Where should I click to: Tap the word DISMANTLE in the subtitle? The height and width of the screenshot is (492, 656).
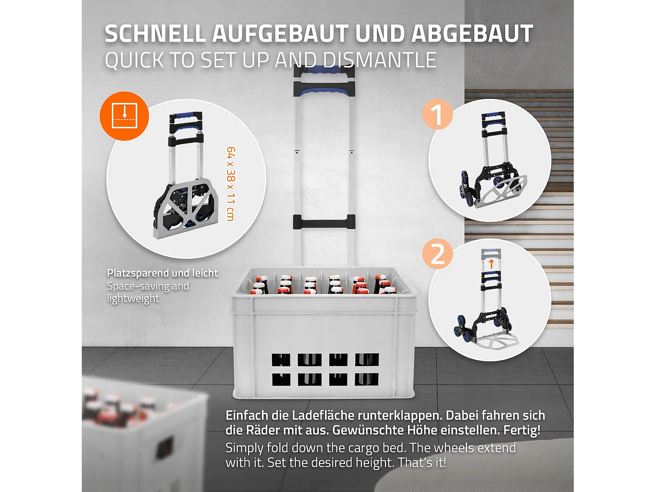379,60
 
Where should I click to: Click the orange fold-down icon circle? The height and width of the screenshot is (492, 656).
125,116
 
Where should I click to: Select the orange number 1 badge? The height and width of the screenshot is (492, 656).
437,115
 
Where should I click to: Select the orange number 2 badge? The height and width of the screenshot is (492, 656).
437,254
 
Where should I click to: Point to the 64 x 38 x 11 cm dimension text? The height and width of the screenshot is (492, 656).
231,184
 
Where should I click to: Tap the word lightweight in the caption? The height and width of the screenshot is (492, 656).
133,299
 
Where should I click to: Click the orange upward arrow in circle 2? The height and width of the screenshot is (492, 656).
491,264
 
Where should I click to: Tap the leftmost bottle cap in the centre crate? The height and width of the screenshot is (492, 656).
262,279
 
